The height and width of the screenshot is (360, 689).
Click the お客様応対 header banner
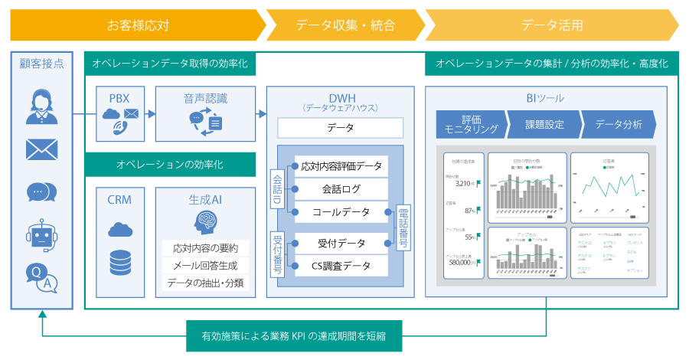click(138, 25)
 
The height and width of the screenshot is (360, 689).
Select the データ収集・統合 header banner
click(345, 25)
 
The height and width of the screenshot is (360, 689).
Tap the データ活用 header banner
click(551, 25)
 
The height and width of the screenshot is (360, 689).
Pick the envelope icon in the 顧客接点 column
click(41, 149)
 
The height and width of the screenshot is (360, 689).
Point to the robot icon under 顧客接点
click(41, 232)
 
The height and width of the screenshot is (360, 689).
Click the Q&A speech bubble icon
click(41, 277)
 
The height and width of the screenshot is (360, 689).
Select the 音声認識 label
click(205, 98)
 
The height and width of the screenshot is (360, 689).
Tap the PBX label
click(120, 98)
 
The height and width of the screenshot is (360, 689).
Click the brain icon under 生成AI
click(205, 222)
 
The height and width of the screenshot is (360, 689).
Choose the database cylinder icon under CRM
click(120, 263)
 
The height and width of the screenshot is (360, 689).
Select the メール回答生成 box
click(205, 266)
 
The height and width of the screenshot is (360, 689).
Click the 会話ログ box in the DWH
click(341, 188)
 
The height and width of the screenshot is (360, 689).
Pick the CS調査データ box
click(341, 266)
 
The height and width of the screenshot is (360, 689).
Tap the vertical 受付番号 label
click(277, 254)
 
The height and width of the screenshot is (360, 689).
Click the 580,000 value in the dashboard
click(461, 262)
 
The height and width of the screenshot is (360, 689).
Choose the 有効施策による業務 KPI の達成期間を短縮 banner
click(294, 335)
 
